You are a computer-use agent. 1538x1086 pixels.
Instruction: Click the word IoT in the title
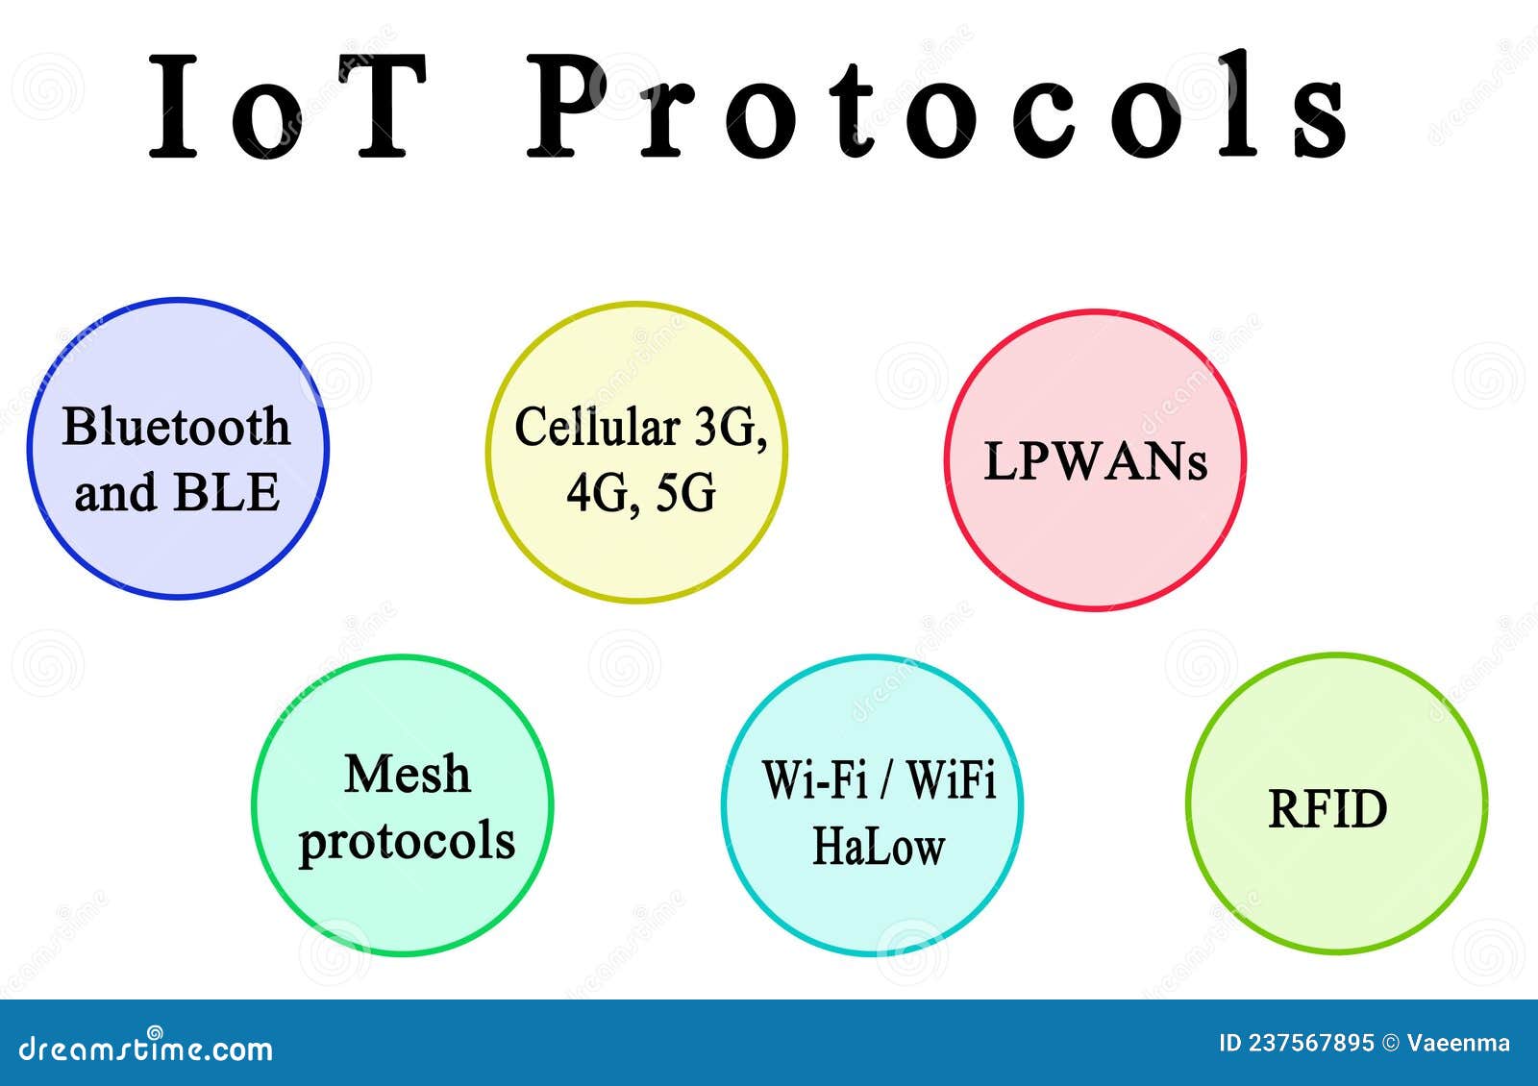point(288,106)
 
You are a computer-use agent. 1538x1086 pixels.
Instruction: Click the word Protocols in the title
point(937,106)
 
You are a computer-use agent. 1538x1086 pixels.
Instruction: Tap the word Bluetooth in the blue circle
point(176,427)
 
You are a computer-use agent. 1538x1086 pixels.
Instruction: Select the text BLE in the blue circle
point(227,493)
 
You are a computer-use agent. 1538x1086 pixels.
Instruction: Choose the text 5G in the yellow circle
point(686,494)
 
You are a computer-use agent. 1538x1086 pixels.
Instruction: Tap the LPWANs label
point(1095,461)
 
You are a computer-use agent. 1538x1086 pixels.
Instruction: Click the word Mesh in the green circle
point(408,775)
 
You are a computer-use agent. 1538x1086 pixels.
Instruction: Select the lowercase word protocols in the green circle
point(407,842)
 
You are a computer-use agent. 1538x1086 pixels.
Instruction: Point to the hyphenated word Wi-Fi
point(815,779)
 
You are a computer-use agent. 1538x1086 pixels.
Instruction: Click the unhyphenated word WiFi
point(952,779)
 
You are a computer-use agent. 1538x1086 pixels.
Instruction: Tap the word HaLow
point(879,847)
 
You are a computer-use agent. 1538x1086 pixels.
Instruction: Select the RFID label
point(1328,809)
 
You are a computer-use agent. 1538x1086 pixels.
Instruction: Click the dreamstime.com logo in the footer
point(146,1048)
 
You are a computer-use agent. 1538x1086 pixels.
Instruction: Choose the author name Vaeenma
point(1458,1044)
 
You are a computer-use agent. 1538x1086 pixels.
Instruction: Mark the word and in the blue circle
point(114,494)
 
